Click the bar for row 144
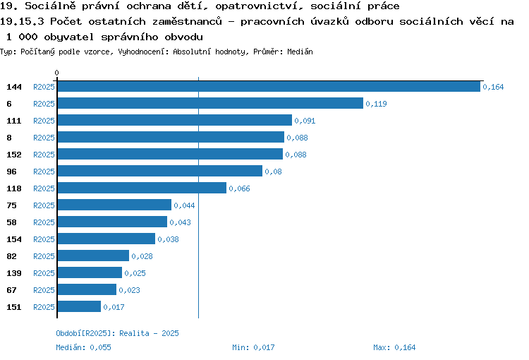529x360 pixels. tap(269, 86)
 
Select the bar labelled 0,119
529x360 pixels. tap(210, 103)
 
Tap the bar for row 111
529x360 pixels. tap(175, 120)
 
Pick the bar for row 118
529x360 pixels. tap(142, 188)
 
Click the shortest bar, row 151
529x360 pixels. tap(79, 306)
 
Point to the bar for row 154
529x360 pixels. tap(107, 239)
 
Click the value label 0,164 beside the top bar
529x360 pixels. tap(493, 87)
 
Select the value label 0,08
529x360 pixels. tap(273, 172)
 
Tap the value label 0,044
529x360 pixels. tap(184, 205)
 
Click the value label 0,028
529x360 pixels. tap(142, 256)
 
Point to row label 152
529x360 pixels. tap(14, 155)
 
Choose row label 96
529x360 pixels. tap(11, 172)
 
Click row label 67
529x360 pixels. tap(11, 290)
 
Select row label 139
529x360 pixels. tap(14, 273)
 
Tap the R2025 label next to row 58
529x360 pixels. tap(44, 222)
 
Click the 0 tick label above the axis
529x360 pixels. tap(56, 73)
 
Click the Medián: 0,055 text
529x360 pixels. tap(83, 347)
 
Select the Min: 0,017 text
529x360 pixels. tap(253, 347)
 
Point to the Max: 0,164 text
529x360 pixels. tap(394, 347)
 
